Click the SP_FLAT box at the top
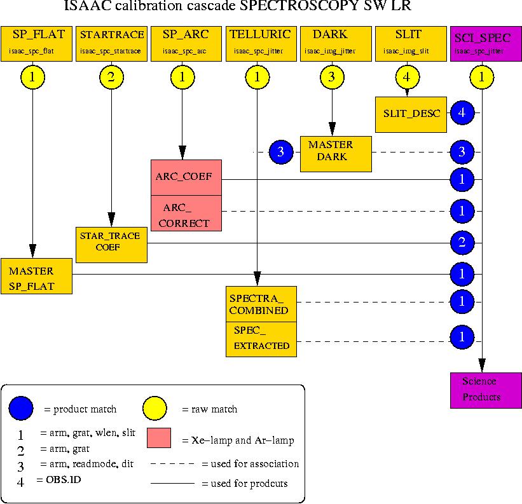[36, 44]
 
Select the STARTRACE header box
[111, 44]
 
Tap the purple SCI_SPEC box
[484, 44]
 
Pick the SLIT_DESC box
[411, 114]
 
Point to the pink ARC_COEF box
[186, 177]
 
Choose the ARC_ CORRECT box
[186, 213]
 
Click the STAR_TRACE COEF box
[111, 244]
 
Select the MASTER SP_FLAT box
[36, 276]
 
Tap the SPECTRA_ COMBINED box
[261, 304]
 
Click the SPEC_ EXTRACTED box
[261, 339]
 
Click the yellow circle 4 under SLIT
[407, 78]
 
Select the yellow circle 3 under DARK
[333, 78]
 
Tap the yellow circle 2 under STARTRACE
[111, 78]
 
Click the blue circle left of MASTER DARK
[281, 153]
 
